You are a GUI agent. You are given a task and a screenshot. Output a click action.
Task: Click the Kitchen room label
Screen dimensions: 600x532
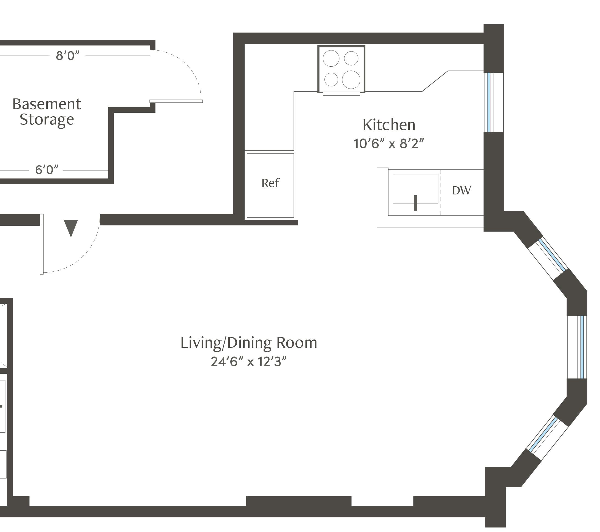pyautogui.click(x=389, y=125)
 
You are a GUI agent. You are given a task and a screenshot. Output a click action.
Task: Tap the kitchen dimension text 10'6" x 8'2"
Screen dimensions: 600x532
pyautogui.click(x=389, y=144)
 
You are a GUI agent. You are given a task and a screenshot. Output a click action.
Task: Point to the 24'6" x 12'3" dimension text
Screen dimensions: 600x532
pyautogui.click(x=249, y=362)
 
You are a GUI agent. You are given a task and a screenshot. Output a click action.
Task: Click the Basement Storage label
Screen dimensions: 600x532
pyautogui.click(x=47, y=112)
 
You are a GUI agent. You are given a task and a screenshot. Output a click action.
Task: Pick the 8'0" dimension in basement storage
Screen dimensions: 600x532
pyautogui.click(x=68, y=55)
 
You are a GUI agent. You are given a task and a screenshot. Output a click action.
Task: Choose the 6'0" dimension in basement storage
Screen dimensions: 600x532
pyautogui.click(x=47, y=170)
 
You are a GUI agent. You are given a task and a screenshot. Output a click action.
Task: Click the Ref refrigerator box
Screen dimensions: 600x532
pyautogui.click(x=270, y=185)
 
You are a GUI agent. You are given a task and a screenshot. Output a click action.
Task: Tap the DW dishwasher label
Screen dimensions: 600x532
pyautogui.click(x=462, y=191)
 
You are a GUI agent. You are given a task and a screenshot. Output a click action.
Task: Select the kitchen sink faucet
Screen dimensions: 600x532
pyautogui.click(x=415, y=203)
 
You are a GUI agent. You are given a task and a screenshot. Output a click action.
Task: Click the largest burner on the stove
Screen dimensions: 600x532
pyautogui.click(x=351, y=80)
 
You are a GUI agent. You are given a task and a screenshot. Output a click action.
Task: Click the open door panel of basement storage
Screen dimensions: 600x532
pyautogui.click(x=176, y=101)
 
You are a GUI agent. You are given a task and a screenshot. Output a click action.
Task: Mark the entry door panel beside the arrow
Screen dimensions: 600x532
pyautogui.click(x=42, y=244)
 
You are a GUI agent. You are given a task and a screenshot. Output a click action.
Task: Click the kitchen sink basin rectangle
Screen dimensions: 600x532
pyautogui.click(x=415, y=188)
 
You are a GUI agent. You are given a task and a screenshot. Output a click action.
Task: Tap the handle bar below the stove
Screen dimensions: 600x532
pyautogui.click(x=341, y=94)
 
